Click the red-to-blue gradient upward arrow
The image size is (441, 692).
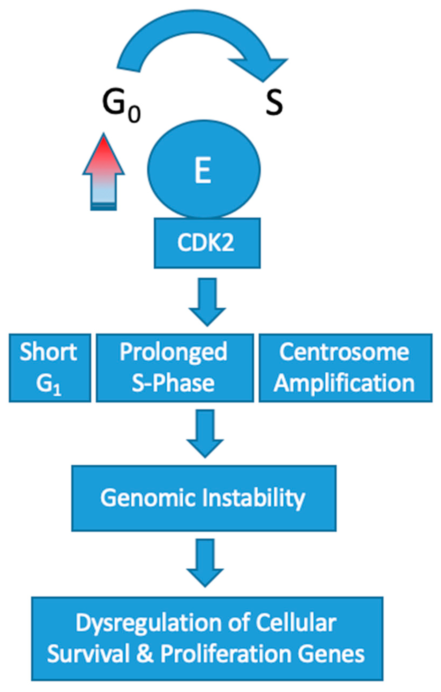point(104,173)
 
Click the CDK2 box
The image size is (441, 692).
point(206,243)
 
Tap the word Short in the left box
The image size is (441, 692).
point(48,352)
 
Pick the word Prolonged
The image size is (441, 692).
point(174,352)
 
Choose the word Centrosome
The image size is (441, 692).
point(344,352)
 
